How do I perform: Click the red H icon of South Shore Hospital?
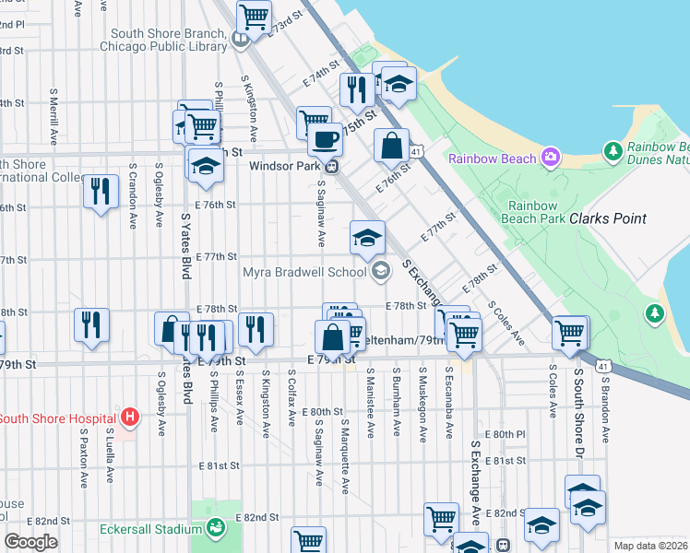click(x=130, y=418)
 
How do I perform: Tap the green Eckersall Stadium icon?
click(x=215, y=528)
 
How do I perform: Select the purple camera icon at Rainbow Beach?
click(x=551, y=159)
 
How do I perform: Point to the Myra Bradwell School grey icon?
click(x=381, y=271)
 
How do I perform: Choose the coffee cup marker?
click(x=324, y=139)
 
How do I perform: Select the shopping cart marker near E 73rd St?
click(x=254, y=16)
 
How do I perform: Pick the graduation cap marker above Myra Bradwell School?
click(x=367, y=237)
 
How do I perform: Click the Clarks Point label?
click(x=607, y=218)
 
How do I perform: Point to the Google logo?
click(x=30, y=542)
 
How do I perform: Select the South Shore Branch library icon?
click(x=239, y=39)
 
